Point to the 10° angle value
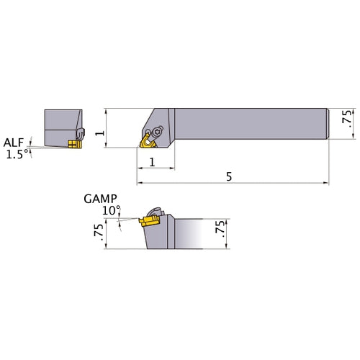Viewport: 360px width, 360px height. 112,210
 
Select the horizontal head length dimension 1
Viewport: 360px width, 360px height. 155,162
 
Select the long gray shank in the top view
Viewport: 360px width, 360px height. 252,123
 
